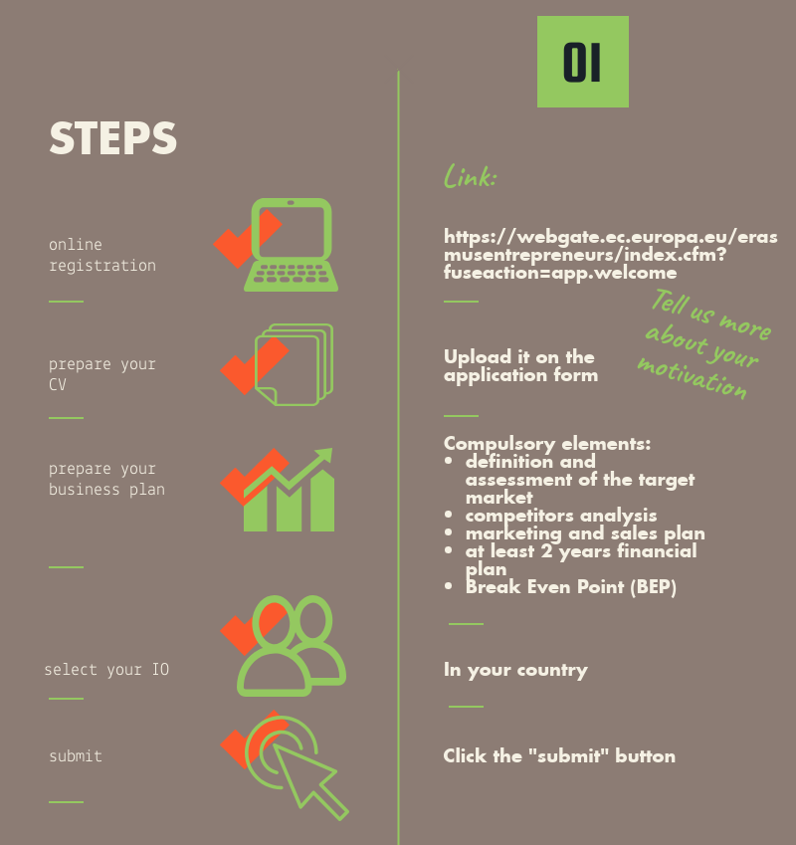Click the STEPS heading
click(113, 138)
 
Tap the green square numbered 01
click(583, 62)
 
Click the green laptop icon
click(292, 245)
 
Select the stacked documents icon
click(295, 365)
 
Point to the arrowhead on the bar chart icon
click(324, 456)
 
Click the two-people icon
click(292, 646)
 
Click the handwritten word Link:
click(470, 176)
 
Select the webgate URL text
click(610, 255)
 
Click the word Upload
click(478, 357)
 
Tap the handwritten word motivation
click(693, 378)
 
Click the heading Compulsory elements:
click(547, 444)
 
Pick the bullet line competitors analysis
click(560, 516)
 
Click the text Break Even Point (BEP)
click(571, 587)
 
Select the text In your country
click(515, 670)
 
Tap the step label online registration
click(102, 255)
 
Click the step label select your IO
click(106, 670)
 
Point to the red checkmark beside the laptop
click(248, 239)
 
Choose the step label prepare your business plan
click(106, 479)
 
